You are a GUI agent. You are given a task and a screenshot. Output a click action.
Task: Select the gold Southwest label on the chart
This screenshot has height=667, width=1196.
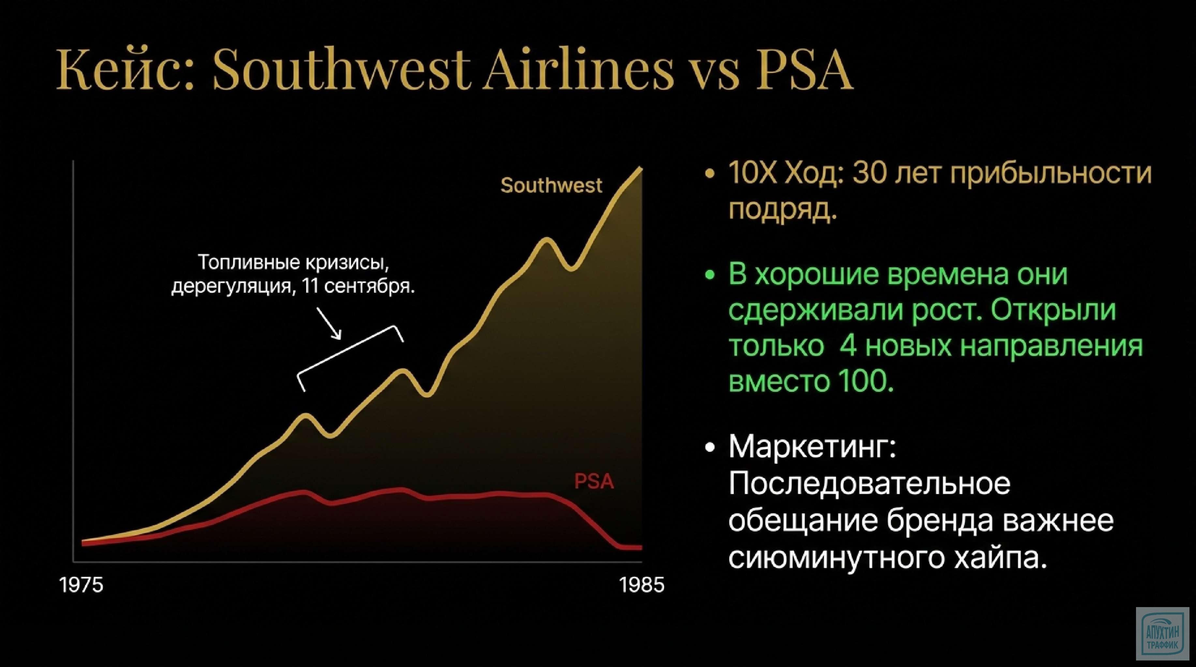[551, 186]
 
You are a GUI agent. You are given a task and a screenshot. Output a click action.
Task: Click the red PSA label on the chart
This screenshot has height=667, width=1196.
[594, 481]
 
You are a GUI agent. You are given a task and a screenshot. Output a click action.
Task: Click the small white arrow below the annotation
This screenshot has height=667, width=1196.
[330, 323]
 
